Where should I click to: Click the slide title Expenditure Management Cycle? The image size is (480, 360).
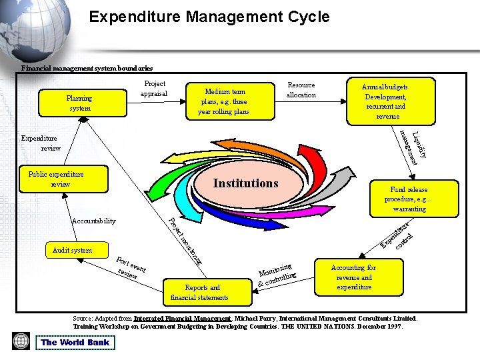click(209, 17)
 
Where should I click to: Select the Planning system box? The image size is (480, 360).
click(79, 103)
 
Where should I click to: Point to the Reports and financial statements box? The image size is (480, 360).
click(199, 293)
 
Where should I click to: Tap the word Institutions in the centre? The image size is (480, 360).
click(245, 183)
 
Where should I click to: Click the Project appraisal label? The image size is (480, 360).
click(155, 89)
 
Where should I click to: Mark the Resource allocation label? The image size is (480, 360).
click(301, 90)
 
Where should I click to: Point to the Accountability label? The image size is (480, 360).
click(93, 221)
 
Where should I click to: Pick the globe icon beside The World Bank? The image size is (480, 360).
click(21, 341)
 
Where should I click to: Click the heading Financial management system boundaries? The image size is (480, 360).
click(87, 68)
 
